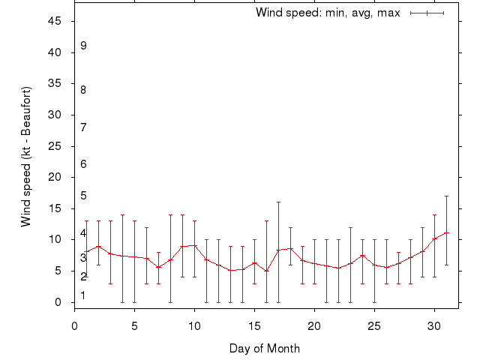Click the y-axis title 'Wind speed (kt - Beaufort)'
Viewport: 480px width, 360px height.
coord(26,156)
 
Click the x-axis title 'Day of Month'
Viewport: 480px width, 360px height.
coord(265,348)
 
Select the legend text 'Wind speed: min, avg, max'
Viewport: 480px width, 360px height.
coord(328,13)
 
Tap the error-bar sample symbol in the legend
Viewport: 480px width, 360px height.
coord(427,13)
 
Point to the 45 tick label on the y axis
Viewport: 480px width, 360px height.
coord(54,21)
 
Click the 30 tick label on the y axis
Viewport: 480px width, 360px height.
coord(54,115)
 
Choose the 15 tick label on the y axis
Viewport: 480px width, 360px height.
coord(54,208)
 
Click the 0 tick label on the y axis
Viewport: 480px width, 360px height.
coord(58,302)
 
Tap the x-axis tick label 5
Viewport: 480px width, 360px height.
coord(134,326)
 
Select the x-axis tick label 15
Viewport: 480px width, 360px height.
coord(254,326)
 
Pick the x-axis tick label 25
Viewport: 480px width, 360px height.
coord(374,326)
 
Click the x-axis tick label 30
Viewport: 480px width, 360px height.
coord(434,326)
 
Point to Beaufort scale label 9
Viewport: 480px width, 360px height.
coord(83,46)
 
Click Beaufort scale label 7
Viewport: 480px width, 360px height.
coord(83,127)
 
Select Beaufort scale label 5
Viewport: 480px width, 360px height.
coord(83,196)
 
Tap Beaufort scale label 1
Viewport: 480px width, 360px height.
coord(83,295)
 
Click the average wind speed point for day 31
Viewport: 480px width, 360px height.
coord(446,233)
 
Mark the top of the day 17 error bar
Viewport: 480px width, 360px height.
coord(278,202)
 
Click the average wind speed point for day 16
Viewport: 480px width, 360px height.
coord(266,271)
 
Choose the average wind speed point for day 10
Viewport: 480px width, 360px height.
coord(194,246)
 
